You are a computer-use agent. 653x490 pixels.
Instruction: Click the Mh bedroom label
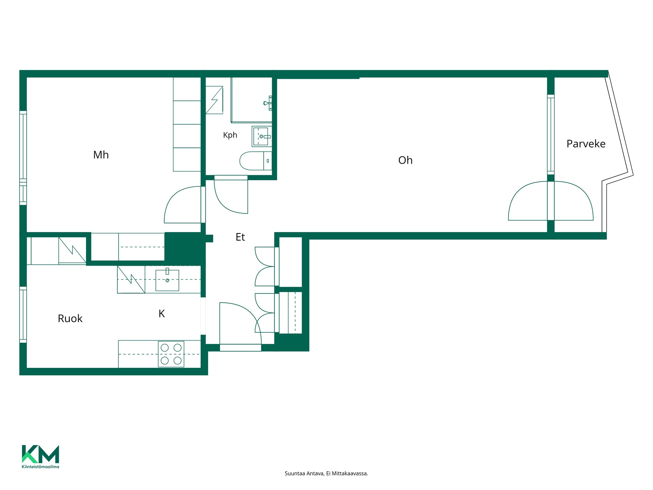point(101,155)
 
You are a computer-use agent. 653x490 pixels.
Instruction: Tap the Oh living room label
point(405,160)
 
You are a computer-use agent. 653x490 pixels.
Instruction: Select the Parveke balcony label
point(586,144)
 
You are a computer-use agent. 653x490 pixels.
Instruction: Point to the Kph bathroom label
point(230,135)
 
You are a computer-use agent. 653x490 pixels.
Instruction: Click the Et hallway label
point(240,237)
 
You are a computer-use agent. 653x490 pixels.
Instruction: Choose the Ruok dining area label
point(70,318)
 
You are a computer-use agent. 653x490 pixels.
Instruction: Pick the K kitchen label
point(162,314)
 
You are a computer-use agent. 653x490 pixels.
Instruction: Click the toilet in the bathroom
point(256,161)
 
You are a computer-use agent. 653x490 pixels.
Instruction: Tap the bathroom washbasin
point(262,136)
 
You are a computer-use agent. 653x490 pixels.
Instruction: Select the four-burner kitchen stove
point(171,354)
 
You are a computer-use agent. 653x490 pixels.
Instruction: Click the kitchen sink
point(167,280)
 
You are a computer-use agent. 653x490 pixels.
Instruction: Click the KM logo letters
point(40,454)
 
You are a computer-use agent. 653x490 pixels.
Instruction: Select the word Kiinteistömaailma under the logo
point(40,467)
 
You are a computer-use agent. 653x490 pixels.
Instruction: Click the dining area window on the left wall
point(23,315)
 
